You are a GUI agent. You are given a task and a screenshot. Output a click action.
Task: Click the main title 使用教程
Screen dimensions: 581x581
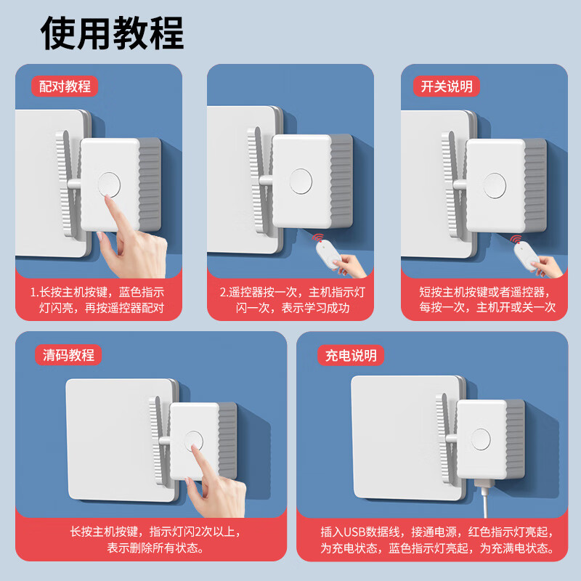click(113, 33)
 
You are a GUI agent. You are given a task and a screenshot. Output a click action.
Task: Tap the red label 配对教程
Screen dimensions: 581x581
click(65, 86)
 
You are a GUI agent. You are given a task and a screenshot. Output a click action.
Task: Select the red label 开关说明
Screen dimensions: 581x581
click(446, 86)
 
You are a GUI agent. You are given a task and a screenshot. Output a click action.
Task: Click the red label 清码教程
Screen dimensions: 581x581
click(68, 354)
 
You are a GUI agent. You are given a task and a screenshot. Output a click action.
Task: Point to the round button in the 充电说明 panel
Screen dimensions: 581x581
click(481, 439)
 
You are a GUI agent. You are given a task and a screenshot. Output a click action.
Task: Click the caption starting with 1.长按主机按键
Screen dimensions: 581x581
click(97, 300)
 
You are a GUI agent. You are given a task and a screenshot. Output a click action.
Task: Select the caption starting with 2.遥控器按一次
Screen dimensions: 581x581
click(290, 300)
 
